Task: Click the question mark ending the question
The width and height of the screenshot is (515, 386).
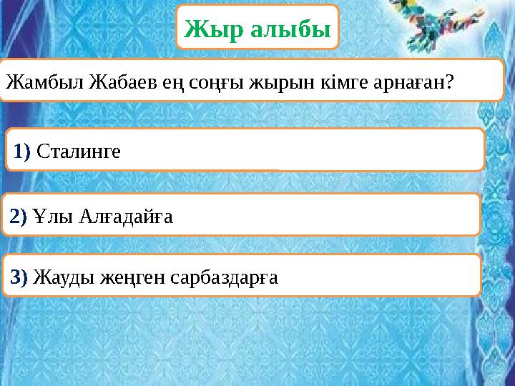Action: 449,82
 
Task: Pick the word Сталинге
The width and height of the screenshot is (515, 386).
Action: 79,151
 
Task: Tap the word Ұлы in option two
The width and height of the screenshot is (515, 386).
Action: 49,215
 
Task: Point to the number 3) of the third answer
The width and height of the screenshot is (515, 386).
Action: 19,276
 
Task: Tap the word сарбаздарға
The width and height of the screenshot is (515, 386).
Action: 225,276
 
